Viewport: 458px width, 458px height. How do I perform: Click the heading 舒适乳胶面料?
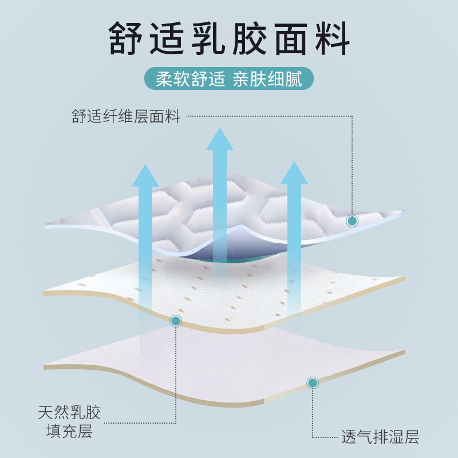tap(229, 38)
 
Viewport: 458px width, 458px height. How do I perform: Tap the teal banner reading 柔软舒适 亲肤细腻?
tap(229, 78)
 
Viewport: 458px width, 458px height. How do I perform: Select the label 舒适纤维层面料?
tap(126, 117)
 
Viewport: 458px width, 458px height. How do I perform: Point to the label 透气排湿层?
tap(380, 438)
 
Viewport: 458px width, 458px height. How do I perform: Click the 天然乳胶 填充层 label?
tap(69, 421)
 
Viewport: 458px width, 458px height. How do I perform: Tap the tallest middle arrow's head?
tap(220, 139)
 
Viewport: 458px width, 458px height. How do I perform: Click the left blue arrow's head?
tap(145, 175)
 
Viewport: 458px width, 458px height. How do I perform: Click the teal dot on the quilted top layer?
tap(352, 220)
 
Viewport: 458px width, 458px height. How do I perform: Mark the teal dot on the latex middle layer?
tap(176, 321)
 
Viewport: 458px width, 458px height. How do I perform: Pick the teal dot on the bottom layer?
tap(313, 382)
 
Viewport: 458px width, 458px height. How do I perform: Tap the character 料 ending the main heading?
tap(330, 38)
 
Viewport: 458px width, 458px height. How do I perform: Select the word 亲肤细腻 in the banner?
tap(267, 78)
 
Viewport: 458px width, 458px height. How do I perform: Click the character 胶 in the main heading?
tap(250, 38)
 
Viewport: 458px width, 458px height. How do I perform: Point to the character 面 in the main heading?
tap(290, 38)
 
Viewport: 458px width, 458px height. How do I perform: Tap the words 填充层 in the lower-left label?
tap(69, 431)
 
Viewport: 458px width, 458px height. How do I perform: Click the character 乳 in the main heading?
tap(209, 38)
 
